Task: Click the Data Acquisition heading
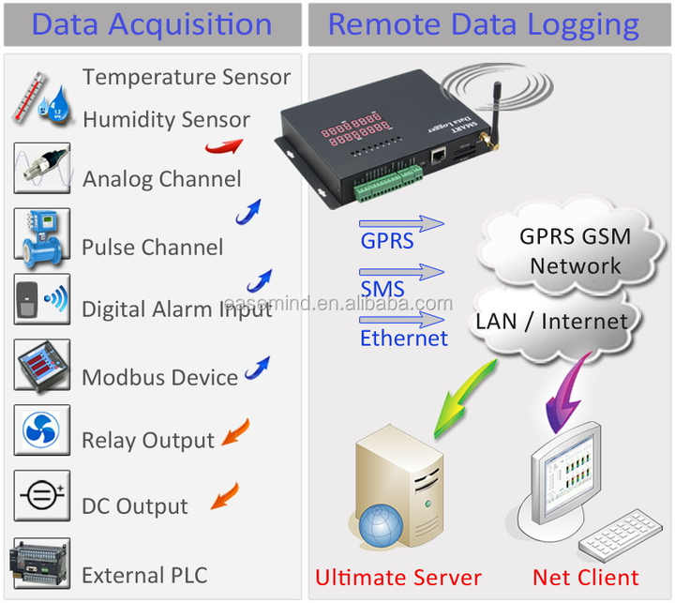coord(151,23)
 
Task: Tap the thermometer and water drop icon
coord(41,99)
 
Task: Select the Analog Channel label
coord(161,178)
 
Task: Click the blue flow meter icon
coord(41,234)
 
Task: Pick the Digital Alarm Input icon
coord(41,299)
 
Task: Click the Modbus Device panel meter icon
coord(41,365)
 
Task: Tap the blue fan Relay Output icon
coord(41,430)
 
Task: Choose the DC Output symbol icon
coord(41,496)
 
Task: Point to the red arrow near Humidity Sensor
coord(223,145)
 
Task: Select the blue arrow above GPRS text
coord(401,223)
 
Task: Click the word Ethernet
coord(403,338)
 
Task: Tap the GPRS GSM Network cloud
coord(575,249)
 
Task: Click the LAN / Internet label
coord(551,322)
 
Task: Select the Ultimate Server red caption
coord(397,577)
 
